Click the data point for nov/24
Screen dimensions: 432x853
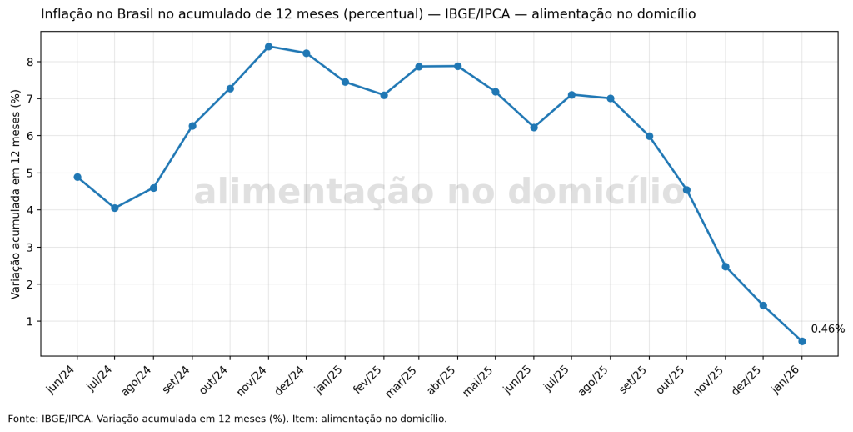pyautogui.click(x=268, y=47)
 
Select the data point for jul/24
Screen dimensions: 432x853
pyautogui.click(x=115, y=208)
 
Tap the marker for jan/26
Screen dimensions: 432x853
pyautogui.click(x=801, y=341)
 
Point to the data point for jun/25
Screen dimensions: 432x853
pyautogui.click(x=534, y=128)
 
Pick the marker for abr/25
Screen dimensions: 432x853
pyautogui.click(x=457, y=66)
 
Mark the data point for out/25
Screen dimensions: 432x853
pyautogui.click(x=686, y=190)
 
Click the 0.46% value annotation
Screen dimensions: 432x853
pyautogui.click(x=827, y=329)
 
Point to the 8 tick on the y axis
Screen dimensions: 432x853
pyautogui.click(x=29, y=62)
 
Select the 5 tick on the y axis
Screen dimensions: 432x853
pyautogui.click(x=29, y=173)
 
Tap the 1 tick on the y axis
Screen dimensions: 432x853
pyautogui.click(x=29, y=321)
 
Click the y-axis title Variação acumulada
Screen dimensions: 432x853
pyautogui.click(x=16, y=193)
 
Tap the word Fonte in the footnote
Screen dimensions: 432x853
pyautogui.click(x=22, y=419)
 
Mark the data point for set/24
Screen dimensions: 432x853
pyautogui.click(x=192, y=126)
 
